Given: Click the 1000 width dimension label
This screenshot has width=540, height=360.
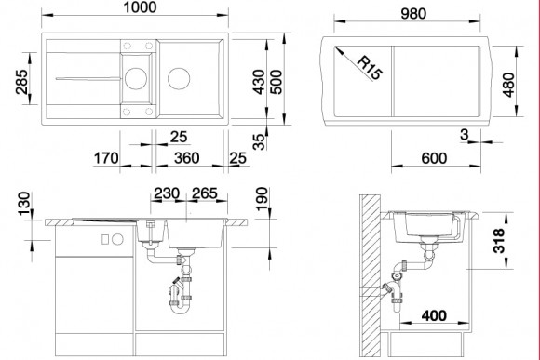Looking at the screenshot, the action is (140, 7).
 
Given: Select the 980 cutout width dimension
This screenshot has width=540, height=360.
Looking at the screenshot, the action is (413, 14).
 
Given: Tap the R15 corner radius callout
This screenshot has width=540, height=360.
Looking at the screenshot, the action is (370, 68).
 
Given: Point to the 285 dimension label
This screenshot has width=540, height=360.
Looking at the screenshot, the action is (22, 82).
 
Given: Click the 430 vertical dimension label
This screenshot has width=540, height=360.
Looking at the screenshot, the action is (259, 82).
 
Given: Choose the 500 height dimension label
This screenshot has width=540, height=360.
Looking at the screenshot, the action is (276, 82).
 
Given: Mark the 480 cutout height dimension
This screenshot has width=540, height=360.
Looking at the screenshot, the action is (508, 85).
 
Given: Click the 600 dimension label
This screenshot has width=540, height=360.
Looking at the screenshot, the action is (434, 158).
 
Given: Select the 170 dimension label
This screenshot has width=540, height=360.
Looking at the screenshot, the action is (106, 158).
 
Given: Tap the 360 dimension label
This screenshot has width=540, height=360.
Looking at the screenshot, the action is (186, 158).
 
